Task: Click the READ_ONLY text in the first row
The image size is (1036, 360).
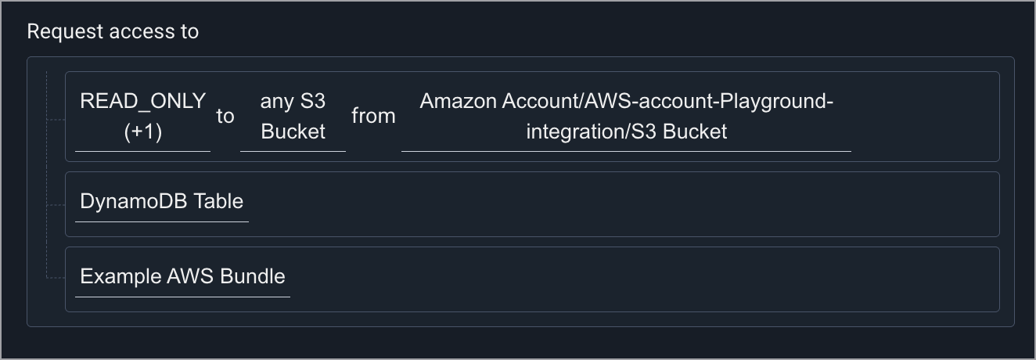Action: pyautogui.click(x=142, y=101)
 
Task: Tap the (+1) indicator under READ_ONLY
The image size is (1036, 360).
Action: pyautogui.click(x=142, y=131)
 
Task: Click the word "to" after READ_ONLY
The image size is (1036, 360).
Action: pyautogui.click(x=225, y=117)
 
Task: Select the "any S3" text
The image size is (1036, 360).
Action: pyautogui.click(x=293, y=101)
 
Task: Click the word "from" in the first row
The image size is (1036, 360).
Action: pyautogui.click(x=373, y=117)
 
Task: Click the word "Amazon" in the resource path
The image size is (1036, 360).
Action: pyautogui.click(x=458, y=101)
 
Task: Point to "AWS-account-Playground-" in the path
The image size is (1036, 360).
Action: pyautogui.click(x=707, y=101)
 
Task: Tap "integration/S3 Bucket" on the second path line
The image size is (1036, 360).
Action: pyautogui.click(x=626, y=131)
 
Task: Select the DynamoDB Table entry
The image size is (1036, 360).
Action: pyautogui.click(x=161, y=201)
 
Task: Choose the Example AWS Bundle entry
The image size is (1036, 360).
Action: pyautogui.click(x=182, y=276)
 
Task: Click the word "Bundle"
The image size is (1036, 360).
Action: pyautogui.click(x=253, y=276)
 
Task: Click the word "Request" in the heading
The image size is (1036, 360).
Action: pyautogui.click(x=65, y=31)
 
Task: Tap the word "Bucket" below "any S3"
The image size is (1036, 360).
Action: pyautogui.click(x=293, y=131)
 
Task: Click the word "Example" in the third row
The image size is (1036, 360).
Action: pyautogui.click(x=121, y=276)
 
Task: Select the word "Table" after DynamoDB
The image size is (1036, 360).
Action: pyautogui.click(x=218, y=201)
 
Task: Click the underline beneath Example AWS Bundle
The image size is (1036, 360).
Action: pyautogui.click(x=182, y=297)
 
